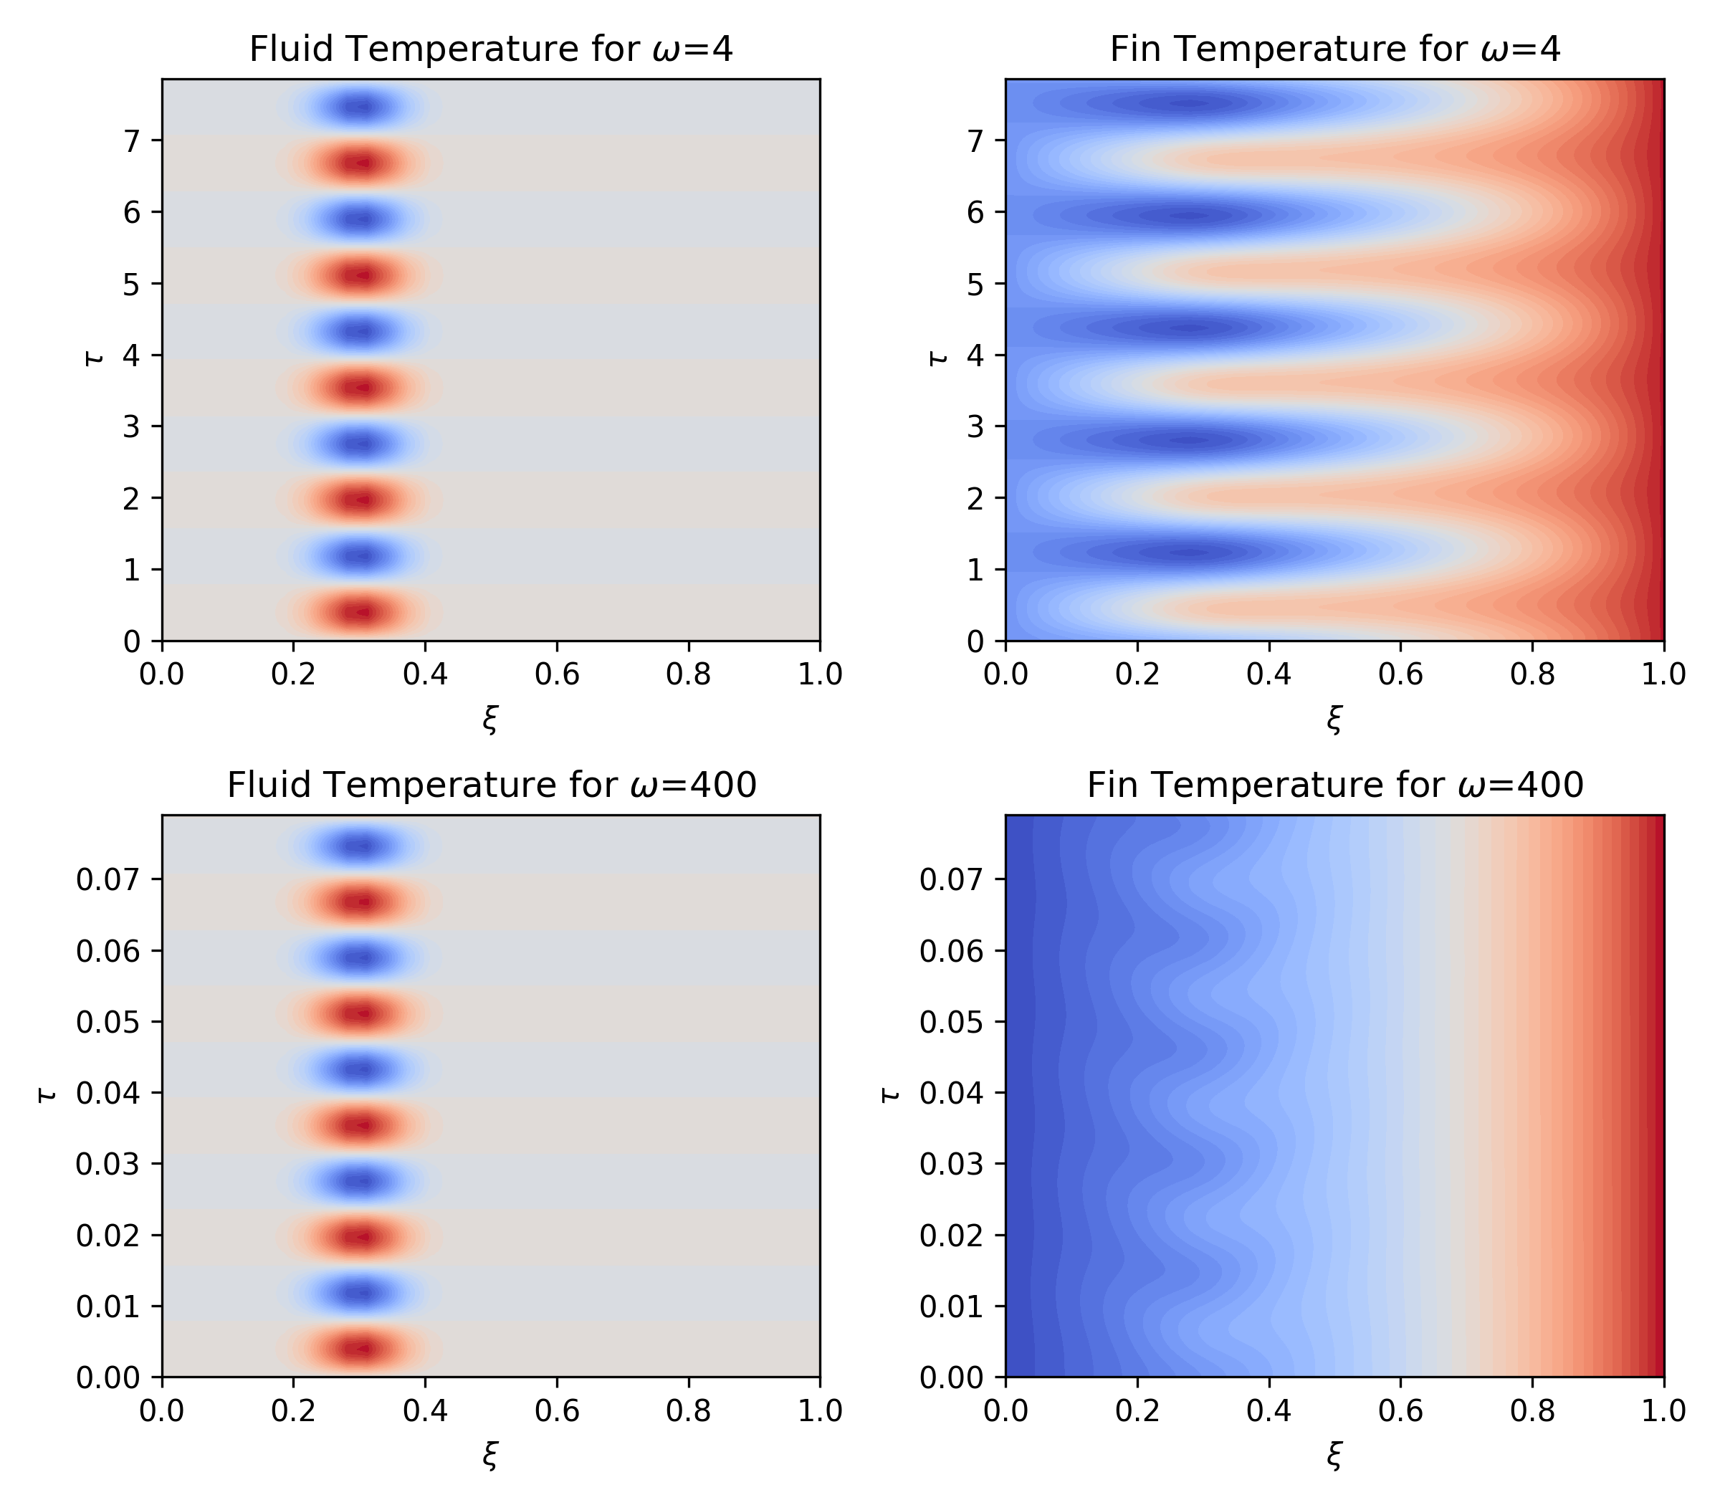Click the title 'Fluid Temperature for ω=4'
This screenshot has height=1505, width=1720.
492,49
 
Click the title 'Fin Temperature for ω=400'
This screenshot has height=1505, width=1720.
1334,785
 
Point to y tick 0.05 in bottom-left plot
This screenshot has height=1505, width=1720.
108,1022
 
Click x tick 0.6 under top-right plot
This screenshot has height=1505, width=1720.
1400,674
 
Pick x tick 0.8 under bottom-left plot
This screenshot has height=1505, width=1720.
688,1410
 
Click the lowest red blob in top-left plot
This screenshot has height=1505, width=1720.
361,612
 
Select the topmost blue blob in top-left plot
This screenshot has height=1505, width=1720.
361,107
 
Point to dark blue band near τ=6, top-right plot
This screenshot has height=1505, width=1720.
1184,216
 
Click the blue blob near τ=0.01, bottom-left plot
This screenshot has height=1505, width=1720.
361,1293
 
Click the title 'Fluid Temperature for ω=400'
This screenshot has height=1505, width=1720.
492,785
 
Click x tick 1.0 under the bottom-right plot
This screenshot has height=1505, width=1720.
1663,1410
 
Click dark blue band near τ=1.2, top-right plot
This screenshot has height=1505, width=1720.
1184,552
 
